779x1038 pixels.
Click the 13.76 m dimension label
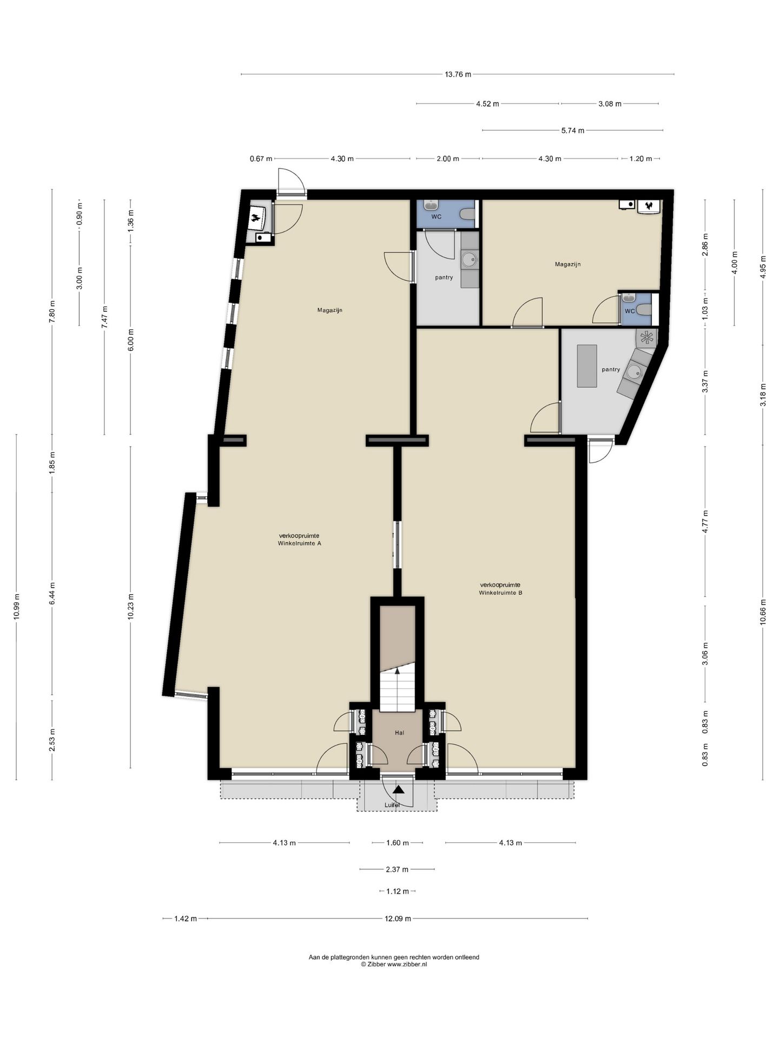click(x=458, y=75)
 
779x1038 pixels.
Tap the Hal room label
click(x=399, y=733)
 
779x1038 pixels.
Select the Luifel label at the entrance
click(x=392, y=805)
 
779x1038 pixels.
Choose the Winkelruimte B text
click(x=500, y=593)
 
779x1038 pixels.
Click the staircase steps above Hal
click(x=397, y=692)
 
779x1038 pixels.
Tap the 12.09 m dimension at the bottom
click(x=398, y=919)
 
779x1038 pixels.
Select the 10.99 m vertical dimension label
click(x=17, y=607)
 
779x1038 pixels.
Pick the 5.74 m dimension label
click(x=572, y=130)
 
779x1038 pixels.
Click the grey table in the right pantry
click(x=586, y=366)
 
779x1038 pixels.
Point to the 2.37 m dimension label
click(x=397, y=869)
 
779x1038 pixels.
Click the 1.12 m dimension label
click(x=398, y=891)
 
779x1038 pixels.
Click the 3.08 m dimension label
click(x=610, y=104)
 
